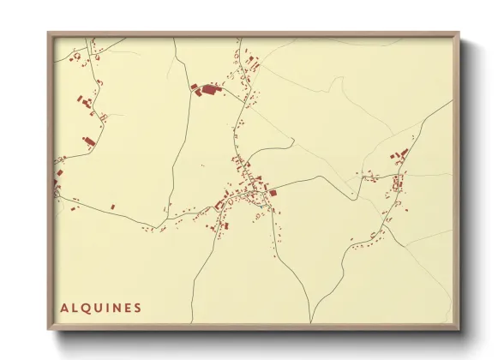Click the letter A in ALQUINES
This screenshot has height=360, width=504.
pyautogui.click(x=64, y=307)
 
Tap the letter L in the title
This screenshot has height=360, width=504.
pyautogui.click(x=75, y=307)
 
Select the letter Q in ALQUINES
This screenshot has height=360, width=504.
pyautogui.click(x=86, y=307)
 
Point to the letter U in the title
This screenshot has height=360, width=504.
pyautogui.click(x=98, y=307)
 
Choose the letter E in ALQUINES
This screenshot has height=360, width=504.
pyautogui.click(x=127, y=307)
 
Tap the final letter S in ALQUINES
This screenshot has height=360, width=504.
pyautogui.click(x=137, y=307)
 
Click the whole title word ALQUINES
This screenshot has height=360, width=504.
pyautogui.click(x=100, y=307)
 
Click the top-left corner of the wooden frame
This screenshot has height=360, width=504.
pyautogui.click(x=48, y=33)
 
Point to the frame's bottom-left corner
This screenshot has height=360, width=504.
pyautogui.click(x=48, y=329)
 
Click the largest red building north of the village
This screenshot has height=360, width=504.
pyautogui.click(x=209, y=88)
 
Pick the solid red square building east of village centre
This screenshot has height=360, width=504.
pyautogui.click(x=274, y=194)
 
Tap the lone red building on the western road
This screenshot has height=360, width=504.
pyautogui.click(x=112, y=207)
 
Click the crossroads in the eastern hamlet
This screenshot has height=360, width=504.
pyautogui.click(x=398, y=174)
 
